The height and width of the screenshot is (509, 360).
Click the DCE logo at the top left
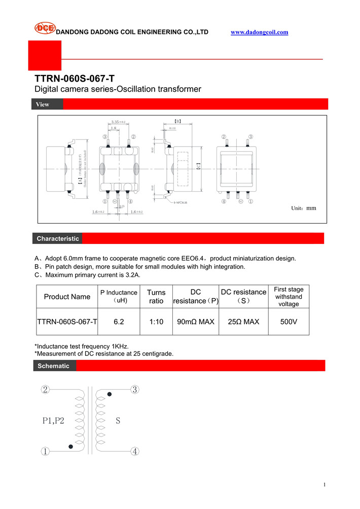(x=45, y=28)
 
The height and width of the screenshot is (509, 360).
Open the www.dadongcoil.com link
(x=259, y=32)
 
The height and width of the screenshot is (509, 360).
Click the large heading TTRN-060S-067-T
(x=75, y=79)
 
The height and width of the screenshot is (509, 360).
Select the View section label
(x=43, y=104)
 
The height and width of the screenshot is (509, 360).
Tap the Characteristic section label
(x=58, y=238)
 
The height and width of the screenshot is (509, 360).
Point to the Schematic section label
(x=54, y=366)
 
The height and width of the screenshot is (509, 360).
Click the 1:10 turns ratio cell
(x=156, y=321)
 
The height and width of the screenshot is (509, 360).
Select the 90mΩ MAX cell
(x=196, y=321)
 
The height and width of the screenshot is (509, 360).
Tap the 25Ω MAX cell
(x=243, y=321)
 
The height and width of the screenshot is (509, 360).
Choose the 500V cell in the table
(x=289, y=321)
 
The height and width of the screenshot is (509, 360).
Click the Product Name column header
(x=67, y=297)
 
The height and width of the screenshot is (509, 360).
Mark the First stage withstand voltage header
(x=289, y=297)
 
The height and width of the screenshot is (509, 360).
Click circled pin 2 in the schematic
(x=46, y=390)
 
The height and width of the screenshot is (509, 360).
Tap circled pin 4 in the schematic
(x=135, y=452)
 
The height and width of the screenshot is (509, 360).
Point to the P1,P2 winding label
(x=53, y=420)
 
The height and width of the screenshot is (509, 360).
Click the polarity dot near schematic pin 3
(x=109, y=394)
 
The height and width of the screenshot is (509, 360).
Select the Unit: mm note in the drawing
(x=303, y=208)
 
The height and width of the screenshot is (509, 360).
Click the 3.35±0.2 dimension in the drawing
(x=118, y=122)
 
